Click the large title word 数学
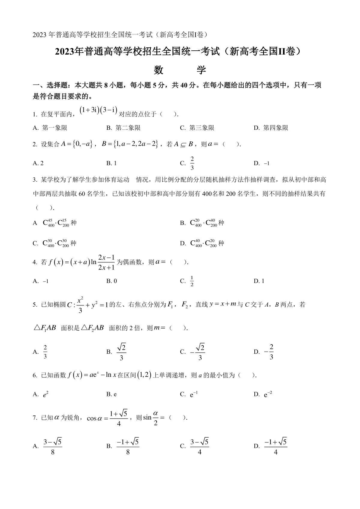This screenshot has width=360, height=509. click(x=180, y=70)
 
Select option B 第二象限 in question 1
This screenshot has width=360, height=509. click(x=123, y=128)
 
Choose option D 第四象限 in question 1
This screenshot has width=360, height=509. click(x=271, y=128)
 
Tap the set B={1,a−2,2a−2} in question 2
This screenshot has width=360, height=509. click(x=130, y=144)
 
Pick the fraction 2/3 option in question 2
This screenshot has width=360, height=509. click(x=192, y=163)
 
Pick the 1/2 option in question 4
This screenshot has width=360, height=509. click(x=192, y=281)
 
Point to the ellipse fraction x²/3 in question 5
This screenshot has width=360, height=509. click(x=80, y=305)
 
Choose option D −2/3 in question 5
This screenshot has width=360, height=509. click(x=269, y=352)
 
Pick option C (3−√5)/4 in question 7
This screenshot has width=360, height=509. click(x=199, y=446)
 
